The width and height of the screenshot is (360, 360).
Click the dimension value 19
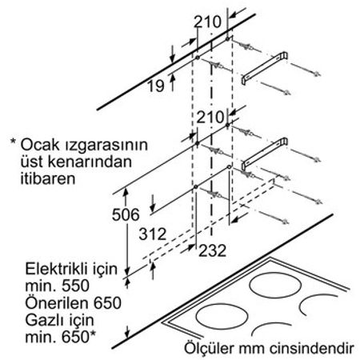coord(156,86)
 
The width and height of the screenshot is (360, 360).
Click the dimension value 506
coord(126,214)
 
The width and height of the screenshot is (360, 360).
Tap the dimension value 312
coord(153,234)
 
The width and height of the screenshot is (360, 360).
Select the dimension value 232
coord(213,250)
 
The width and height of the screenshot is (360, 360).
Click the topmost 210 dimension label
coord(207,22)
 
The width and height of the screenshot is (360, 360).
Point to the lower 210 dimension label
coord(210,117)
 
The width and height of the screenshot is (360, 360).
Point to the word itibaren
coord(48,178)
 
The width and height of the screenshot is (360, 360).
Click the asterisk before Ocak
coord(13,142)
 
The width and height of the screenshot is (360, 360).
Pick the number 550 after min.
coord(75,286)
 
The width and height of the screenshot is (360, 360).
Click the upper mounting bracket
coord(265,68)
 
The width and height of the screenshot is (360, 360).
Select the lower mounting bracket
coord(265,154)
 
